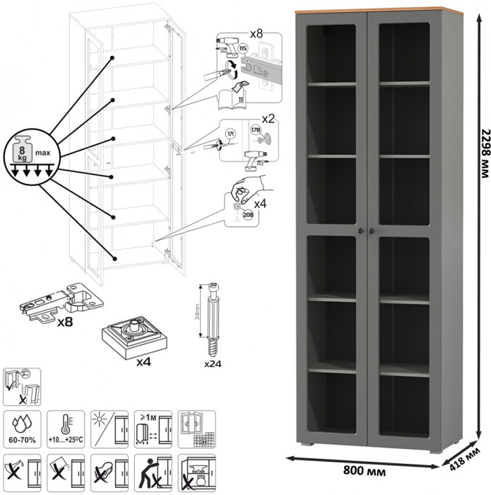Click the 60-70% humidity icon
[23, 426]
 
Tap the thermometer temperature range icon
[66, 426]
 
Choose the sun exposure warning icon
[109, 426]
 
